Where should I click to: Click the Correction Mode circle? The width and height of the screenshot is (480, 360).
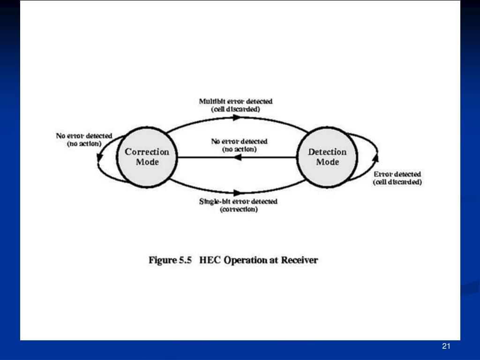147,157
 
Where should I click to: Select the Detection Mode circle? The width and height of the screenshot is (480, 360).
327,157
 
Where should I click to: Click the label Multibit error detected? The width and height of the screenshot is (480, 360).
236,101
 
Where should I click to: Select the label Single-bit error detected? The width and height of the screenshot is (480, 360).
238,202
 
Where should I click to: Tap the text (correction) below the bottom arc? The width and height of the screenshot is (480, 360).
238,210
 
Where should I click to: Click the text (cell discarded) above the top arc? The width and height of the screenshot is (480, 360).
236,109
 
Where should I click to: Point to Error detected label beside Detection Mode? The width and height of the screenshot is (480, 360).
397,174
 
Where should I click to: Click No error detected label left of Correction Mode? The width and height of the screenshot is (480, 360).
84,136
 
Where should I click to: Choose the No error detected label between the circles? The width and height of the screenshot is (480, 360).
239,141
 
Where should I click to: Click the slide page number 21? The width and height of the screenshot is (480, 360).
446,346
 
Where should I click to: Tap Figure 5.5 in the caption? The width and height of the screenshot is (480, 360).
171,260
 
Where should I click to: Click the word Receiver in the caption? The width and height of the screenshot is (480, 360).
299,260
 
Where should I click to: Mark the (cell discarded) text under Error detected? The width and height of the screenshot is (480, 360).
397,182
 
